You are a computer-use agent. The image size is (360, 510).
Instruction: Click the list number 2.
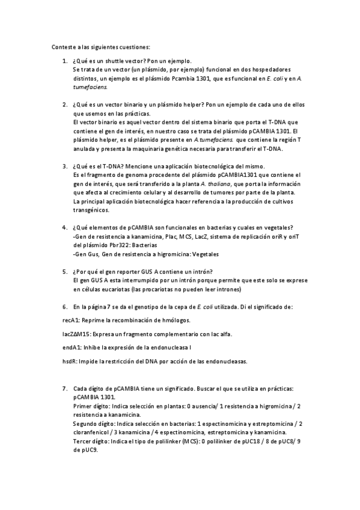coord(64,104)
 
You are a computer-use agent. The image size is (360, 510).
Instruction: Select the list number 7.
coord(64,389)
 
